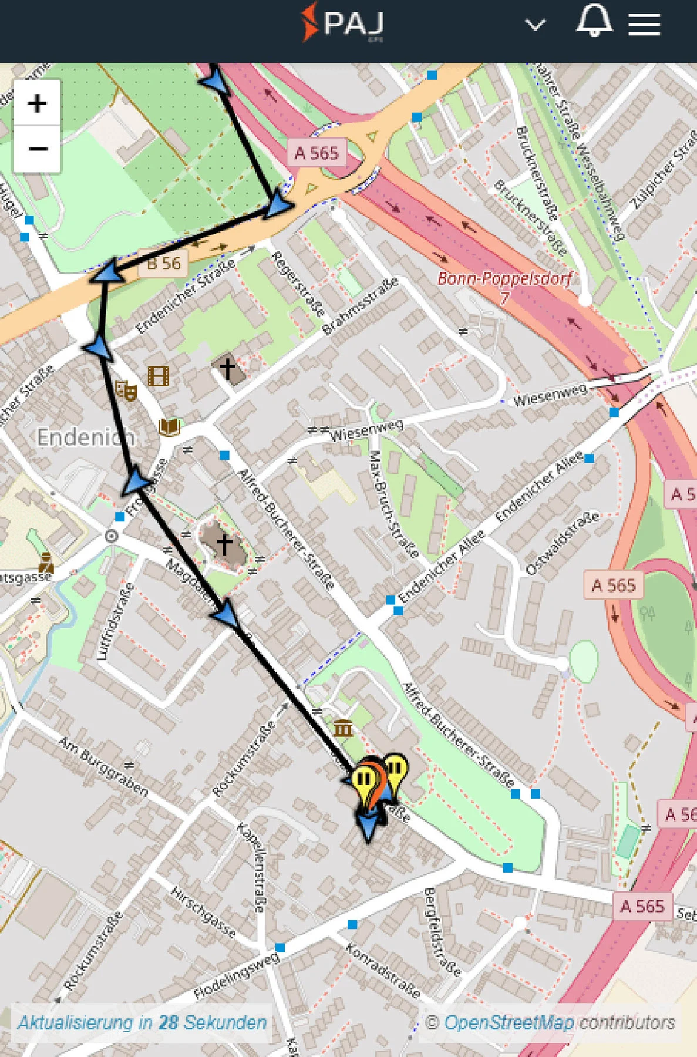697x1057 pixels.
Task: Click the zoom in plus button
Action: click(37, 103)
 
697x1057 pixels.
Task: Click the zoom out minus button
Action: click(37, 149)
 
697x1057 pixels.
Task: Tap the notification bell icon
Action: click(594, 21)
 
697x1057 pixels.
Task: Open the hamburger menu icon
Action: click(644, 25)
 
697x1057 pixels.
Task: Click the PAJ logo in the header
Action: click(343, 23)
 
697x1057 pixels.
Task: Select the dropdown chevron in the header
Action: click(535, 25)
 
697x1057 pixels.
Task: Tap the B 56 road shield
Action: click(164, 263)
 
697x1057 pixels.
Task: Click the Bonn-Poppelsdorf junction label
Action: click(504, 280)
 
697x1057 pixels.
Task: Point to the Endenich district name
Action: click(86, 437)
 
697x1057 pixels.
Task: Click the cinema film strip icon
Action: click(159, 376)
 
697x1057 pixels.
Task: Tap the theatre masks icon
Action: click(126, 389)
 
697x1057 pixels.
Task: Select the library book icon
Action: click(170, 426)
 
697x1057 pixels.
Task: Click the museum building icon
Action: click(344, 729)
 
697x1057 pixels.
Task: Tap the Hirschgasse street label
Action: click(203, 912)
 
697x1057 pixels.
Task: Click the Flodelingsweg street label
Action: click(237, 975)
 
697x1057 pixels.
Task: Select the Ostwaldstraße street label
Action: click(563, 543)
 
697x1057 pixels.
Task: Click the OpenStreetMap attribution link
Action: click(508, 1022)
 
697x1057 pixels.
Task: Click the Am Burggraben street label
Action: click(103, 766)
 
